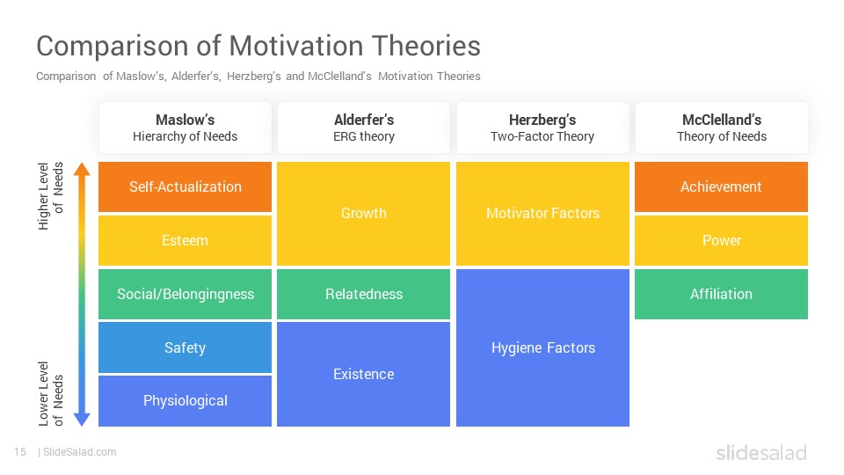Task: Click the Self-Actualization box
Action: [185, 186]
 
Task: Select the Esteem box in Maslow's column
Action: [185, 240]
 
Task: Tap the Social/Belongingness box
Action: [185, 294]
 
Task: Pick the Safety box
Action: [185, 347]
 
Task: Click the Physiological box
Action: [185, 401]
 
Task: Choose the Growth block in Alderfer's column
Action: [363, 213]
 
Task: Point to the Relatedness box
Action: [363, 294]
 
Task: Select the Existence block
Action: [363, 375]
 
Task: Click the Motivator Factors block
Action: [542, 213]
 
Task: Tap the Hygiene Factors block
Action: [542, 348]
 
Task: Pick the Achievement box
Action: [721, 186]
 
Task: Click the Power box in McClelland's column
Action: [721, 240]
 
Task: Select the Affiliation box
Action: [721, 294]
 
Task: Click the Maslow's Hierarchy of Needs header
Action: [185, 128]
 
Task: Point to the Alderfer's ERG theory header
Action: [363, 128]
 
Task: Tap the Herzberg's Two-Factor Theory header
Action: [542, 128]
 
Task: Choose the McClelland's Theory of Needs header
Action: [721, 128]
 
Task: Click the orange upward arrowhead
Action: [82, 169]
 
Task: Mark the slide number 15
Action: [20, 452]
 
